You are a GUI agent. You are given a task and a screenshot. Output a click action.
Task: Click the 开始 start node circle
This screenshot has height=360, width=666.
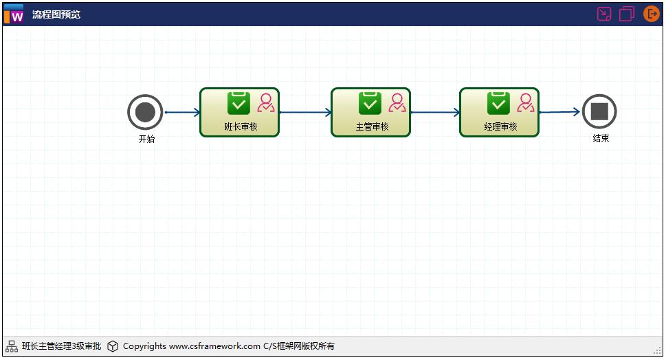145,112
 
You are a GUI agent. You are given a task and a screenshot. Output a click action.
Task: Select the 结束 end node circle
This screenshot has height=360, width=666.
599,111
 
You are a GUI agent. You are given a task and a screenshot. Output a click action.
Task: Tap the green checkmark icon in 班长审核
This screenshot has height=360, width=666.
238,103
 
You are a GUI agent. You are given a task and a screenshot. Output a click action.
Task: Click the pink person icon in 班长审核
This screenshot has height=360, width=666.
266,103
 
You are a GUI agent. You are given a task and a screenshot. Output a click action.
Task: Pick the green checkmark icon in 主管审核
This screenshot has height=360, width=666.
370,103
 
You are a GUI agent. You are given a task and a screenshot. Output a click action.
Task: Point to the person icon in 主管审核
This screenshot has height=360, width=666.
397,103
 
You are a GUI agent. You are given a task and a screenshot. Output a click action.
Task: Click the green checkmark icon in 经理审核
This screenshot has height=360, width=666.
498,103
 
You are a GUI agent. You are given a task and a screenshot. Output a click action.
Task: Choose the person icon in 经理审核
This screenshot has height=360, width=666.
526,103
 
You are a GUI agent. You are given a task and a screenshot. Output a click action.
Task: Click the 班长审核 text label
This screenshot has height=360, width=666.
241,126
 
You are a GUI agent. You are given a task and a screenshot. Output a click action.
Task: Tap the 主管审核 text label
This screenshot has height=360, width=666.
372,126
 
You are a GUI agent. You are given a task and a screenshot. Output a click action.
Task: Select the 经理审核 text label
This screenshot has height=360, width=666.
500,126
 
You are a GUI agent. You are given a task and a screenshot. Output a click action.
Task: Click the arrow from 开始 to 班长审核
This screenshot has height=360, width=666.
182,112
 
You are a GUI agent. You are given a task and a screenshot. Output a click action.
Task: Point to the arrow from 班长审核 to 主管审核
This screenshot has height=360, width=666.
305,112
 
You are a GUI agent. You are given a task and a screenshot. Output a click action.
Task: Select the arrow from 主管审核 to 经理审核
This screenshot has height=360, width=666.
435,112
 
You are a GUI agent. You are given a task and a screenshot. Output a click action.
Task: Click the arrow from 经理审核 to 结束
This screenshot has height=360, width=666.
560,112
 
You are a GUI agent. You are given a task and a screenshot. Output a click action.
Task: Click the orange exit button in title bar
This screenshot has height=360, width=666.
650,14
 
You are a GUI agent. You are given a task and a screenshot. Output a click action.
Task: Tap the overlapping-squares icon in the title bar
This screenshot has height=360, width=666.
627,14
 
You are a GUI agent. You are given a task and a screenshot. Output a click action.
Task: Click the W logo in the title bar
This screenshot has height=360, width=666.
14,14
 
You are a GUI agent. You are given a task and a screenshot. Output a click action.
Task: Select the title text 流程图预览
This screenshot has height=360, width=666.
56,14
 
